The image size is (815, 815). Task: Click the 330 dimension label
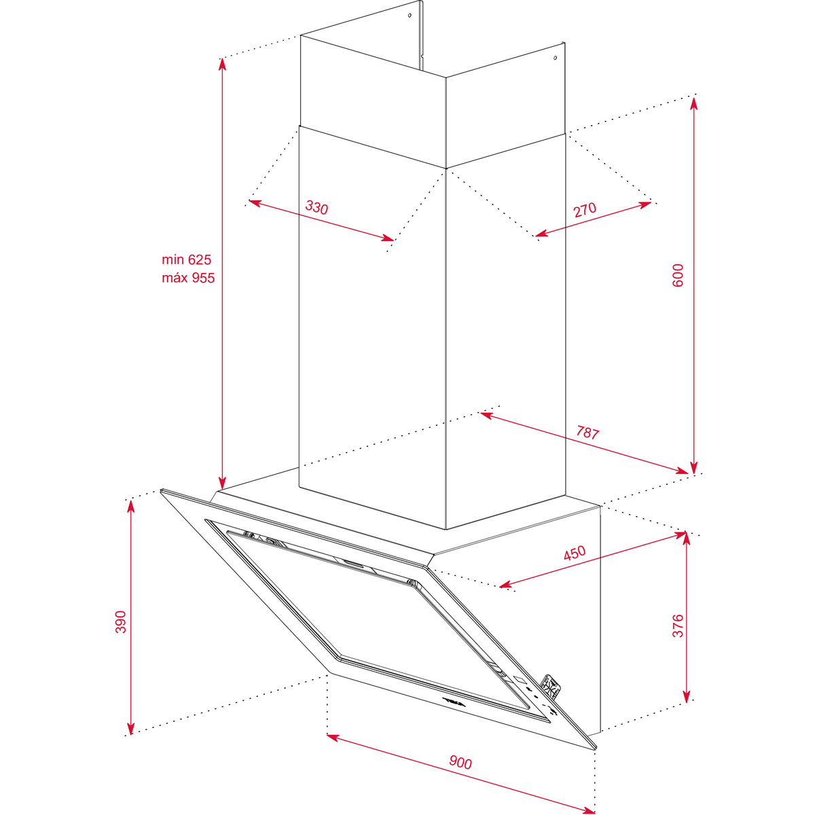(316, 208)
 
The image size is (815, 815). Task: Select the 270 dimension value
(585, 209)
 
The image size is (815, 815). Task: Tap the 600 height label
(678, 275)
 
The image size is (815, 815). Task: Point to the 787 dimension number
(587, 433)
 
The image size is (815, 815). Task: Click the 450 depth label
(575, 553)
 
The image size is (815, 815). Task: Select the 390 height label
(121, 621)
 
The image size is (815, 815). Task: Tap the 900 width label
(460, 762)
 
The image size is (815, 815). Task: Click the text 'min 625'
(187, 259)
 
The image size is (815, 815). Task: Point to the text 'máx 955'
(188, 278)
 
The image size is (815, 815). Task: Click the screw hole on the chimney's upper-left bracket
(410, 15)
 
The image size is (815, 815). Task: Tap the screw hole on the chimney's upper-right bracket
(556, 58)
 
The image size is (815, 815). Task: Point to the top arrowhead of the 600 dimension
(693, 103)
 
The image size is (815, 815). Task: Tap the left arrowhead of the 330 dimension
(255, 202)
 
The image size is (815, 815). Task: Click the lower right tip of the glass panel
(596, 749)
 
